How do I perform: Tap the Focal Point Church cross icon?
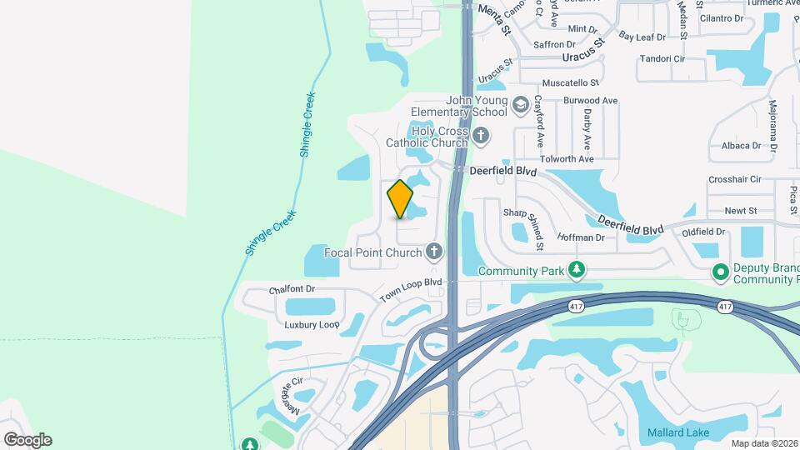click(433, 251)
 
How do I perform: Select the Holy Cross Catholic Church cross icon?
click(480, 135)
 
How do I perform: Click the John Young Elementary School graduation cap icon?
click(521, 105)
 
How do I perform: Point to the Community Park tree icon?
click(576, 270)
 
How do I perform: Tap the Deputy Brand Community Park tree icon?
click(721, 272)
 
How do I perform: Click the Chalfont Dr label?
click(292, 289)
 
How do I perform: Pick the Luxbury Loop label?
click(312, 324)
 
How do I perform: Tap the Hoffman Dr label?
click(580, 237)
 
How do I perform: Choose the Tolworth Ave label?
click(566, 158)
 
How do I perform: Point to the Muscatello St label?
click(571, 83)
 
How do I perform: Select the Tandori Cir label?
click(662, 59)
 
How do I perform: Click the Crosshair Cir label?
click(735, 179)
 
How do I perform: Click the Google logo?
click(27, 439)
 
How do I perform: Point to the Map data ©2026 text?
click(764, 443)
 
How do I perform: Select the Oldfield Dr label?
click(703, 232)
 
